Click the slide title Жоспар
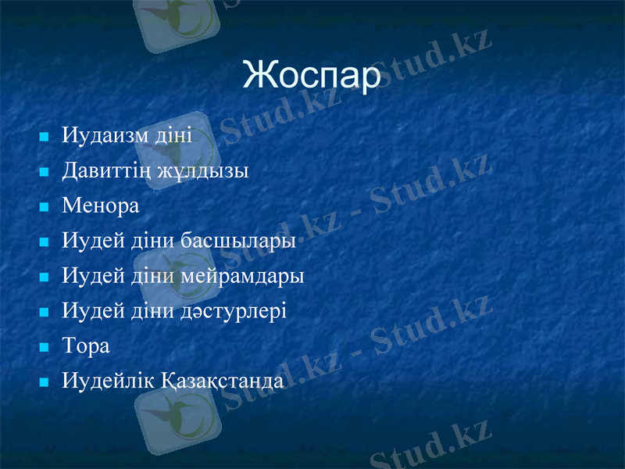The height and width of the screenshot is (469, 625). click(312, 75)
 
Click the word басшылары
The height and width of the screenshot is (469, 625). click(238, 241)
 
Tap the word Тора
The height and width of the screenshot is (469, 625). click(86, 346)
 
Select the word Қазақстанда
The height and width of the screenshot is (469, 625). click(223, 381)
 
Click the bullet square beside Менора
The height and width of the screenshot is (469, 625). click(44, 208)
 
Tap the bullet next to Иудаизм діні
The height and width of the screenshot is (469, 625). click(44, 138)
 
